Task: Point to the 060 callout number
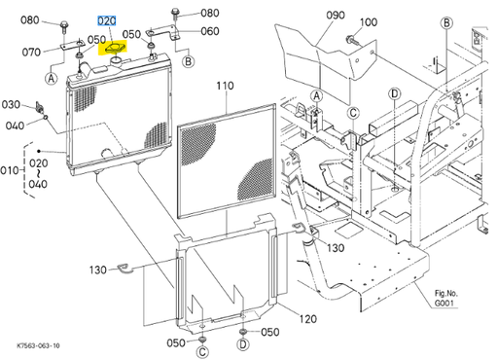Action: click(210, 31)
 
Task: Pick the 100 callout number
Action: click(369, 21)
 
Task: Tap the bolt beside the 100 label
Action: click(347, 39)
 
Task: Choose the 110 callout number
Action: click(225, 86)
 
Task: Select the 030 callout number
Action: click(11, 104)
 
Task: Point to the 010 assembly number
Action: click(10, 171)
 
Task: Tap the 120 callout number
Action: click(306, 319)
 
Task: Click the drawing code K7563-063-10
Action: click(38, 344)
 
